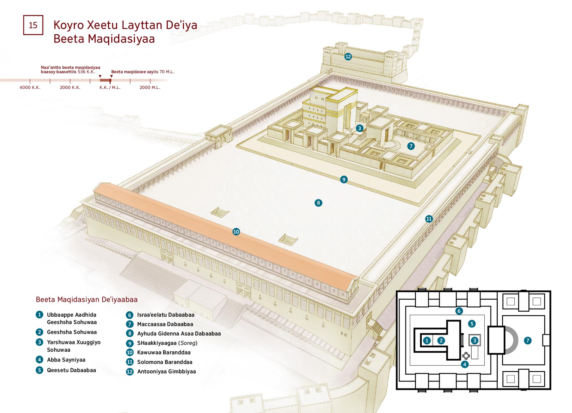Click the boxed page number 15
[x=33, y=25]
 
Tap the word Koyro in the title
[x=69, y=25]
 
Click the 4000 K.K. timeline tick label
[x=30, y=87]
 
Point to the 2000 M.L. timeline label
[x=150, y=87]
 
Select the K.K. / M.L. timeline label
[x=110, y=87]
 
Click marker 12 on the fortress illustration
[x=348, y=57]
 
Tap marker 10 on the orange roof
[x=236, y=232]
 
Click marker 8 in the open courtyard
[x=318, y=203]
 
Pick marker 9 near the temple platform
[x=344, y=179]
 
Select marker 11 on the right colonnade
[x=429, y=219]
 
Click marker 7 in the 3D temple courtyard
[x=411, y=146]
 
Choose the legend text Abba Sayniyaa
[x=66, y=360]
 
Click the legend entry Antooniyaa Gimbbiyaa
[x=167, y=371]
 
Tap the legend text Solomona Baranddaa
[x=165, y=362]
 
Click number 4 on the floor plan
[x=465, y=364]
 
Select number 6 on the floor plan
[x=459, y=311]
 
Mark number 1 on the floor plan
[x=427, y=341]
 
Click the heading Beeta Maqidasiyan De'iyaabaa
[x=87, y=300]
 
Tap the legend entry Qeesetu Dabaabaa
[x=71, y=370]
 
